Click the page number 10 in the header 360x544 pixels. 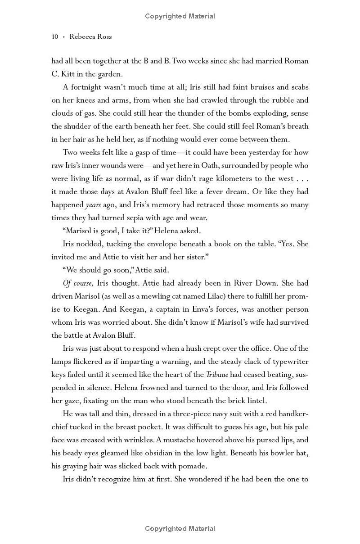55,36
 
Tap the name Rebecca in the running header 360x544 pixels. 83,36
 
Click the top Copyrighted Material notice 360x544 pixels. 180,16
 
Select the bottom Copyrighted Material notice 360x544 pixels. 180,529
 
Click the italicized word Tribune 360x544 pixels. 217,374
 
